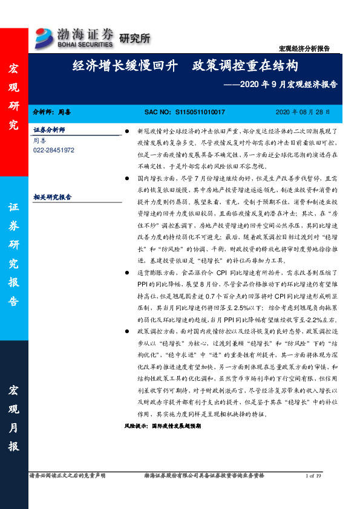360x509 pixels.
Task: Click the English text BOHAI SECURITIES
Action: coord(84,45)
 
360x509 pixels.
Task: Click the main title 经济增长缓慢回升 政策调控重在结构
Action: coord(185,65)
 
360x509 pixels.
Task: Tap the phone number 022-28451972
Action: coord(54,149)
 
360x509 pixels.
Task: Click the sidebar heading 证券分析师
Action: coord(49,131)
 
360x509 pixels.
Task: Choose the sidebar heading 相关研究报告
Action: coord(52,197)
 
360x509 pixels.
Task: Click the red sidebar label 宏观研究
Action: coord(13,97)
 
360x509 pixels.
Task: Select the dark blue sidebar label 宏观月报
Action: coord(13,417)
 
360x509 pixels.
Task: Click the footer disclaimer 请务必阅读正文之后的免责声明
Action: coord(67,476)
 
